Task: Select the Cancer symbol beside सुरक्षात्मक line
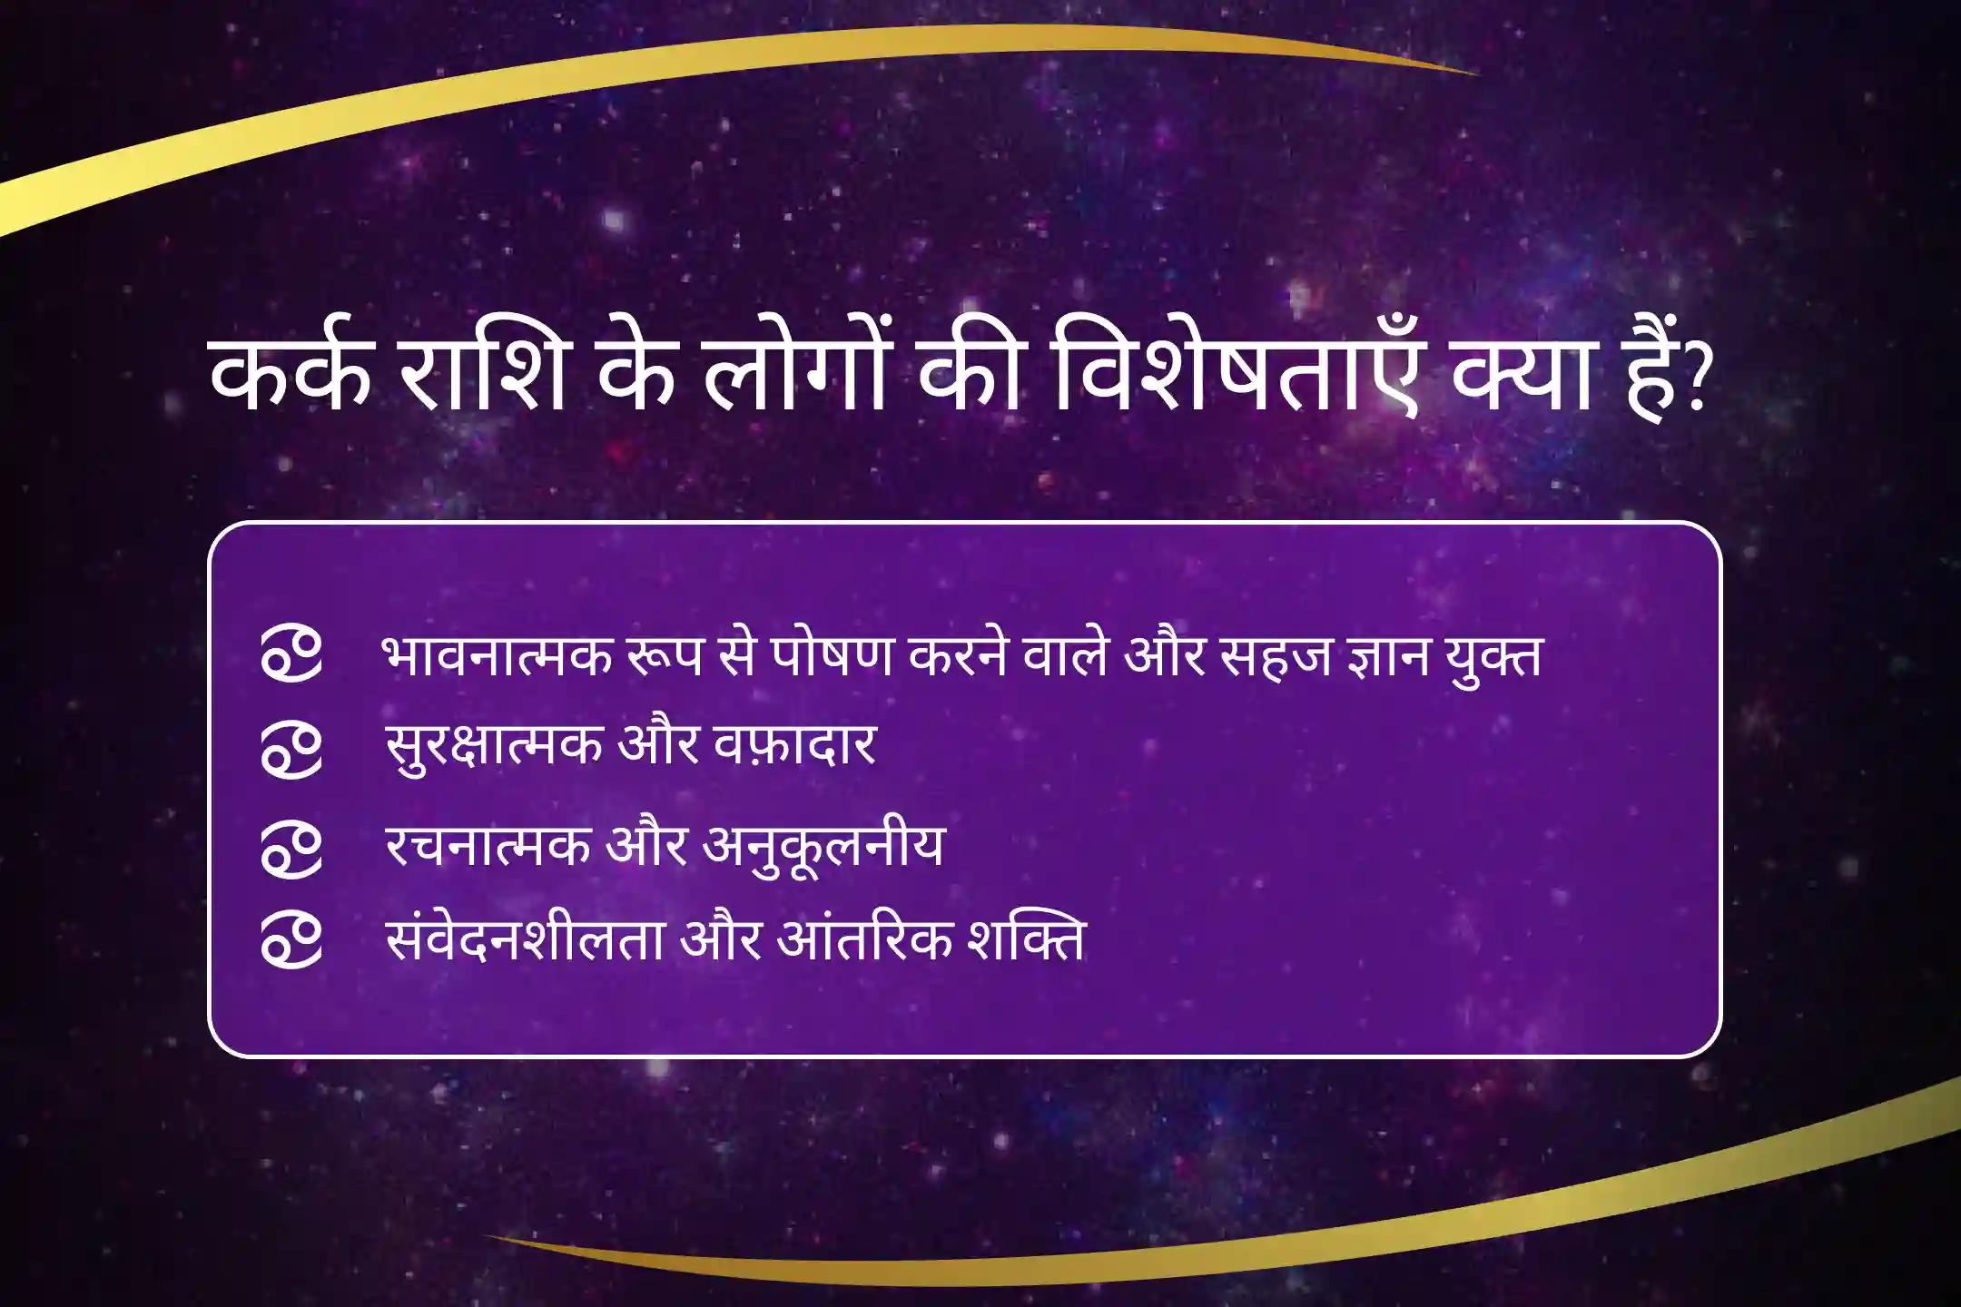(x=291, y=750)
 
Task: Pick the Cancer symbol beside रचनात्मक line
(x=291, y=850)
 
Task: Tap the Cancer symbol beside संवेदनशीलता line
(x=291, y=944)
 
